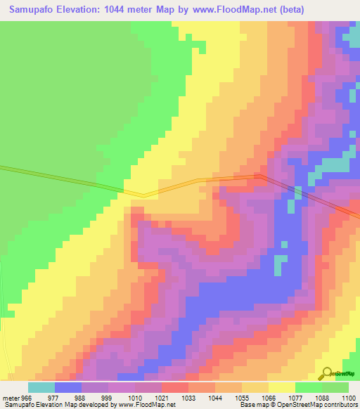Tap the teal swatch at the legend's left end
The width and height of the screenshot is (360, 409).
pos(41,387)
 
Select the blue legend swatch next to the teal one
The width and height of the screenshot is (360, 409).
pos(67,387)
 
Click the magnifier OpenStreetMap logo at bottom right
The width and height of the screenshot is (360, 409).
pos(327,374)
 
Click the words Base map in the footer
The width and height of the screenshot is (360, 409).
pos(251,405)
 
